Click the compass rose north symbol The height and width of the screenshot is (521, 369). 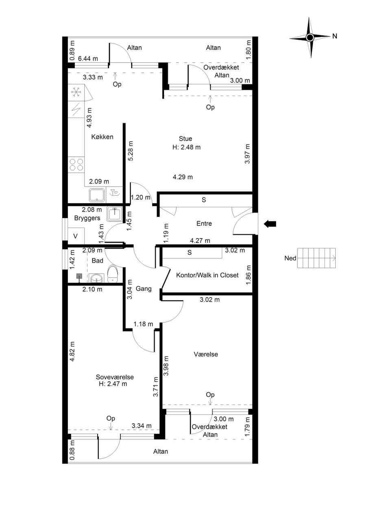click(310, 37)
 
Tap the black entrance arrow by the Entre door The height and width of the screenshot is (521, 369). click(270, 224)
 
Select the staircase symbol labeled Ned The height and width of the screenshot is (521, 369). click(317, 258)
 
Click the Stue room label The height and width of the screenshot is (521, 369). click(186, 139)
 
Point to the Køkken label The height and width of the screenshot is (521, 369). click(102, 137)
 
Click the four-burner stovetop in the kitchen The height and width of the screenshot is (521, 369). click(76, 165)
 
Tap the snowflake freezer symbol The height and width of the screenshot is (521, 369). click(76, 92)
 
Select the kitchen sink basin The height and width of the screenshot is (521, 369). click(97, 195)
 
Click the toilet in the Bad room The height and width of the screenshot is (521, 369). click(113, 274)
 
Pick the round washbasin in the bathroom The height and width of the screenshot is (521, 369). click(96, 278)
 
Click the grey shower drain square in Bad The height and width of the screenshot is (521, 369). click(79, 276)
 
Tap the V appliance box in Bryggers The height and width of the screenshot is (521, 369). click(76, 236)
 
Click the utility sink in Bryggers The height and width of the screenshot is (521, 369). click(115, 214)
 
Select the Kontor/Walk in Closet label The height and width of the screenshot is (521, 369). click(207, 275)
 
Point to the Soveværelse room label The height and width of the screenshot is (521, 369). click(115, 377)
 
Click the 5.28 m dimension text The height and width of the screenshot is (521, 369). click(131, 151)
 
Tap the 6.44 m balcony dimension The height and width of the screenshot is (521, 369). click(88, 59)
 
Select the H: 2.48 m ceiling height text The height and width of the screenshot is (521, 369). click(186, 147)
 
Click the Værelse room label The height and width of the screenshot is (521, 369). click(206, 354)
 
